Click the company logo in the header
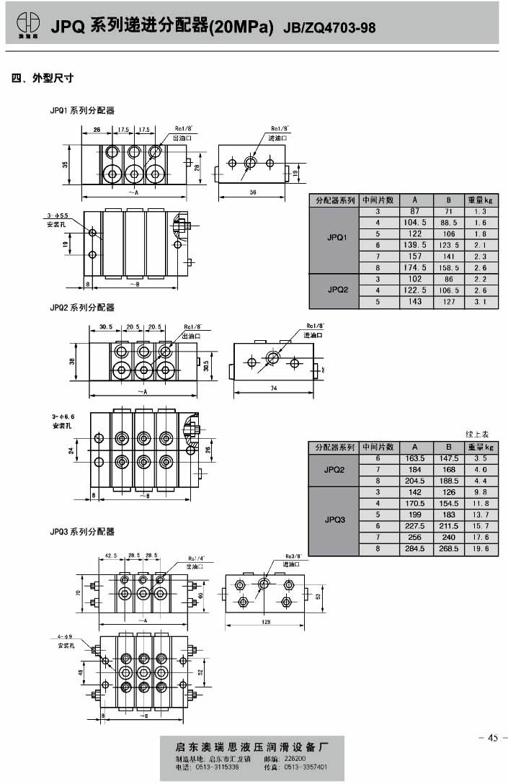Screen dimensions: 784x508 [27, 24]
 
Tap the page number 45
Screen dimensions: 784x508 [492, 736]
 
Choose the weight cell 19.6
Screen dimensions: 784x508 [481, 549]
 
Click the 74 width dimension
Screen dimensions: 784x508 [275, 389]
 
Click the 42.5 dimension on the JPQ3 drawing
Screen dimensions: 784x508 [111, 556]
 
